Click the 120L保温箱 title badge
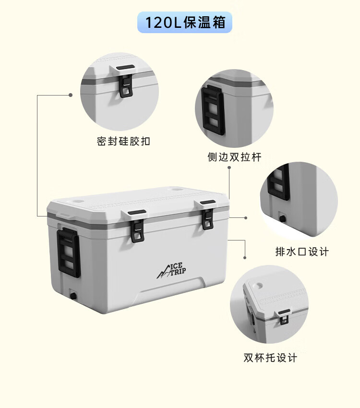pos(185,22)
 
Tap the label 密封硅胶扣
pos(123,141)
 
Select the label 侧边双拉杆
pos(235,157)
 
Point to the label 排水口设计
pos(302,252)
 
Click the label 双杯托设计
pos(270,357)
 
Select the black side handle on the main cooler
pos(69,253)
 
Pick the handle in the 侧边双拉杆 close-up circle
pos(214,110)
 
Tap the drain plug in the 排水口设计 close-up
pos(283,219)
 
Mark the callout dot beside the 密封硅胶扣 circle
pos(71,95)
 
